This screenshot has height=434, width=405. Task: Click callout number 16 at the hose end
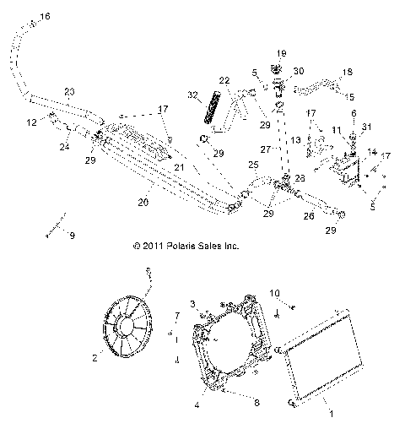point(45,17)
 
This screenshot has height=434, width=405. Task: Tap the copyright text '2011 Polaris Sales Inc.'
point(186,247)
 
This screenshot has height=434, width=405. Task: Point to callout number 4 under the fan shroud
point(197,404)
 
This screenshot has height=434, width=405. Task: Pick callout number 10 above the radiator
point(274,293)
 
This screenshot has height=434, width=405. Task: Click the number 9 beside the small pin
point(71,236)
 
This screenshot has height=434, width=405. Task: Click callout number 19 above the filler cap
point(282,52)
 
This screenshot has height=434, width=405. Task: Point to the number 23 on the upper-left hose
point(68,91)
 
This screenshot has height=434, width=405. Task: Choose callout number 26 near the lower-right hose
point(309,216)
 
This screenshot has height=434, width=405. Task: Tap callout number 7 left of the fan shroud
point(176,316)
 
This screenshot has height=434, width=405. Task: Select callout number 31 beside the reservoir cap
point(365,127)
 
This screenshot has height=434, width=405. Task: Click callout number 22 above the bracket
point(224,81)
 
